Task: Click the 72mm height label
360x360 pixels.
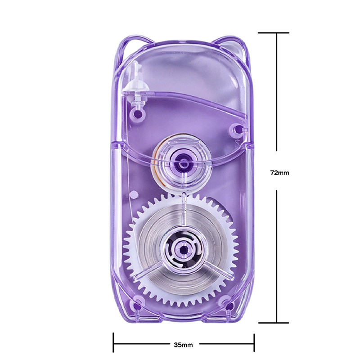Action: click(x=279, y=173)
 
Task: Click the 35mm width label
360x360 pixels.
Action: click(x=183, y=345)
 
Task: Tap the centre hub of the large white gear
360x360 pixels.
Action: click(x=183, y=250)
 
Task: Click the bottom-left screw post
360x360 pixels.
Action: click(x=137, y=306)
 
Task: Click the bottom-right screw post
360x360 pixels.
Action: click(x=229, y=306)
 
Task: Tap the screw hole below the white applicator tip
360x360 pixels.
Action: click(x=138, y=113)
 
